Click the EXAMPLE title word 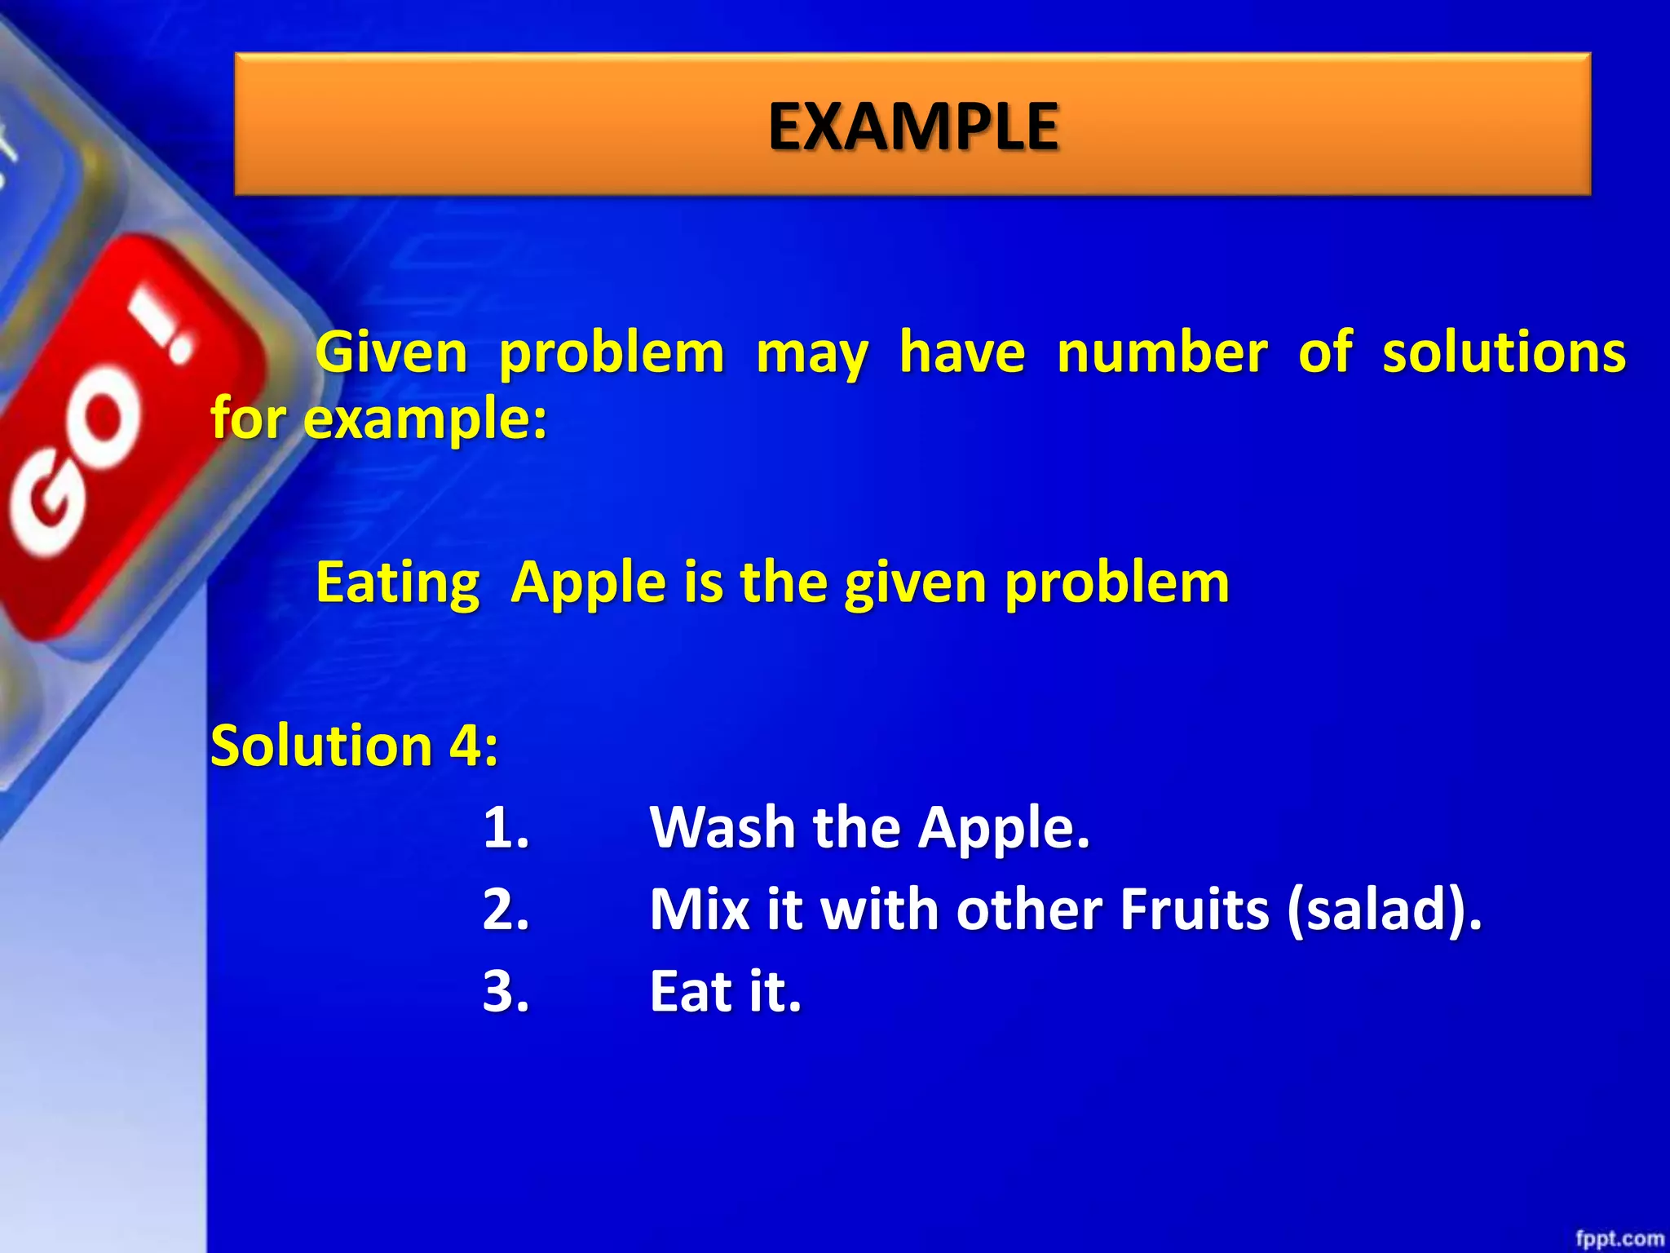[913, 126]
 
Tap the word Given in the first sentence [391, 353]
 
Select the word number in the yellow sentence [1162, 353]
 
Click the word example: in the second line [425, 419]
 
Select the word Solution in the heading [320, 746]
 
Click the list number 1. [506, 828]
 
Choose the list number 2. [506, 910]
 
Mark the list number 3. [506, 992]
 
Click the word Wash [722, 828]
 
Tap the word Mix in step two [699, 910]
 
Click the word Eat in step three [690, 992]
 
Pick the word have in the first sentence [962, 353]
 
